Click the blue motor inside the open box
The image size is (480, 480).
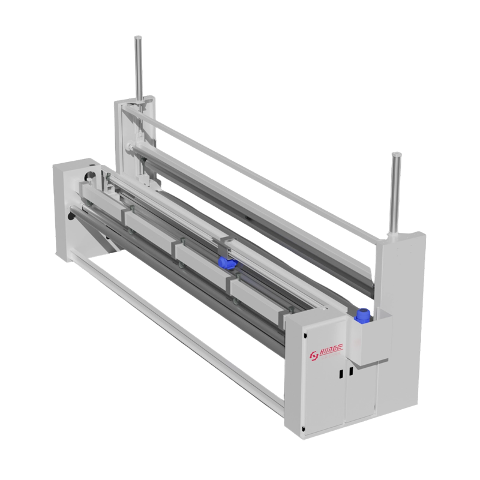point(362,314)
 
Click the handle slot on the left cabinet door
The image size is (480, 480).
point(340,373)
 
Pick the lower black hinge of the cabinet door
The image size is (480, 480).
point(305,427)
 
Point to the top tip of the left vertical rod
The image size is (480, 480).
point(139,38)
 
